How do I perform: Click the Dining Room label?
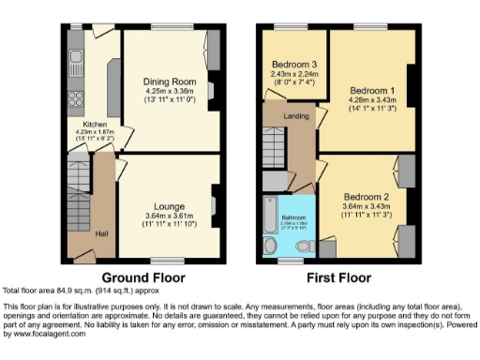pos(169,82)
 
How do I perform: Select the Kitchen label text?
pos(96,124)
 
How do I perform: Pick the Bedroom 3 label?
pos(288,65)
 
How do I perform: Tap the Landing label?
pos(297,117)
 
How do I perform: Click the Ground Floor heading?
pos(143,277)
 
